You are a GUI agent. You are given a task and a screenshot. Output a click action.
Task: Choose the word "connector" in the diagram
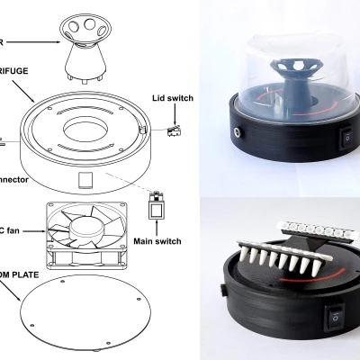14,181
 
